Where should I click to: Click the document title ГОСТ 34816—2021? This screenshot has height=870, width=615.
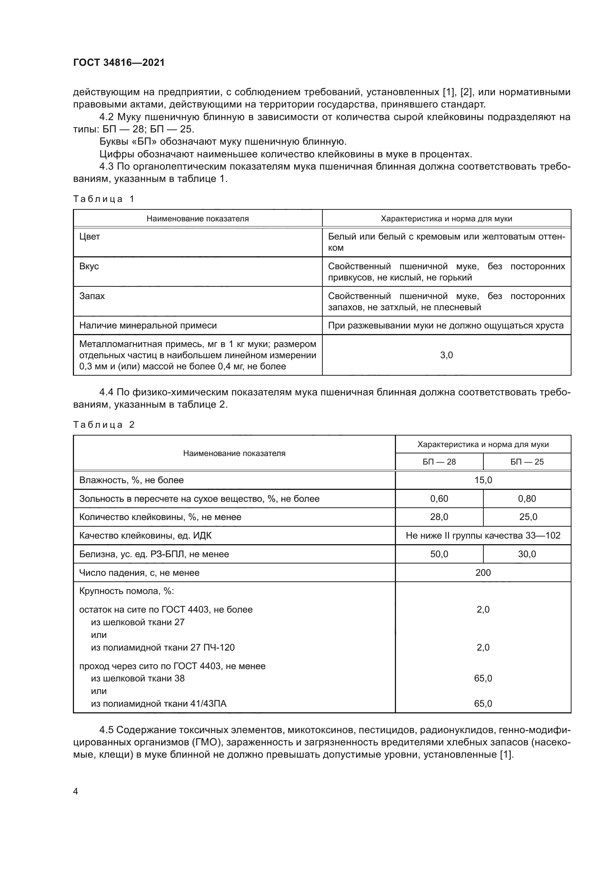click(x=119, y=62)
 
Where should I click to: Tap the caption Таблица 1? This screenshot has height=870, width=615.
click(x=104, y=199)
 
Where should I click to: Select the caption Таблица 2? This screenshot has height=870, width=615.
click(x=104, y=425)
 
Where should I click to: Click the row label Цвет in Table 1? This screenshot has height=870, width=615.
click(x=90, y=237)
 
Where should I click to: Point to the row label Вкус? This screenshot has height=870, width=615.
click(x=89, y=266)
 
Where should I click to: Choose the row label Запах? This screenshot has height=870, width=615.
click(x=92, y=296)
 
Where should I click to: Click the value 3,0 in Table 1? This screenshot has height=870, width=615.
click(x=447, y=355)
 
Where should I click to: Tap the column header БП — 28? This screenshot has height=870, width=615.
click(x=439, y=462)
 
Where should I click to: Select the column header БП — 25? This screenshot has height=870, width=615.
click(x=527, y=462)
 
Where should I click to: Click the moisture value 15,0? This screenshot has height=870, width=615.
click(x=483, y=481)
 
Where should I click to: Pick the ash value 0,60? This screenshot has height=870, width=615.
click(x=439, y=499)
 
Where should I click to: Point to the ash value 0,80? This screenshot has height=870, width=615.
click(x=527, y=499)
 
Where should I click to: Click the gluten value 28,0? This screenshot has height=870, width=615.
click(x=439, y=517)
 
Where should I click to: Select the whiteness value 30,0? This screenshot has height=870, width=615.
click(x=527, y=554)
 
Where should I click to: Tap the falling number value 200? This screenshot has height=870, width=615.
click(x=483, y=573)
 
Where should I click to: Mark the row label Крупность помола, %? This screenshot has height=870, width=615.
click(x=126, y=591)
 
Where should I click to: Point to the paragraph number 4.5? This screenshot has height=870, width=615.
click(x=107, y=730)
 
